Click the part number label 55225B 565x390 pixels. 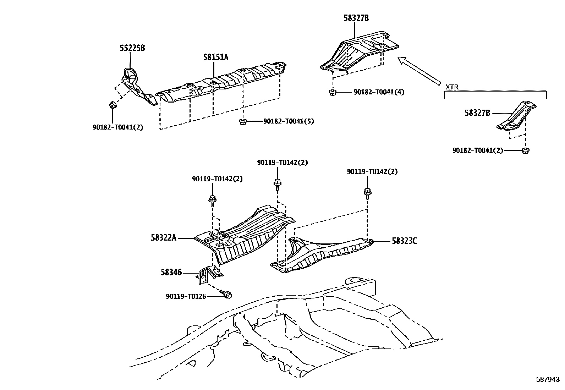click(x=132, y=48)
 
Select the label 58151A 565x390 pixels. click(x=216, y=57)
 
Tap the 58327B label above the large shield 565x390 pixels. click(x=356, y=18)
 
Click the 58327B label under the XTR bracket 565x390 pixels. click(x=477, y=113)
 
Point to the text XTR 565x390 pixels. click(x=452, y=86)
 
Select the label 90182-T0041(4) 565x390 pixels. click(x=379, y=92)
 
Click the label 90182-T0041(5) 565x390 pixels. click(x=289, y=121)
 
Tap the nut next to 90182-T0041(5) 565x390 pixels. click(x=243, y=122)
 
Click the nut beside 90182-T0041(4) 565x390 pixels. click(x=333, y=93)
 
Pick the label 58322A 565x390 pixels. click(x=164, y=238)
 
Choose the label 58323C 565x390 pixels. click(x=404, y=241)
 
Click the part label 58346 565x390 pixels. click(x=171, y=273)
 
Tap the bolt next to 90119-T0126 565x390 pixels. click(x=226, y=293)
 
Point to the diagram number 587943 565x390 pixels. click(x=548, y=379)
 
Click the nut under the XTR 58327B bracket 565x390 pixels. click(x=525, y=150)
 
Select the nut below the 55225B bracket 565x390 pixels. click(x=112, y=105)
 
